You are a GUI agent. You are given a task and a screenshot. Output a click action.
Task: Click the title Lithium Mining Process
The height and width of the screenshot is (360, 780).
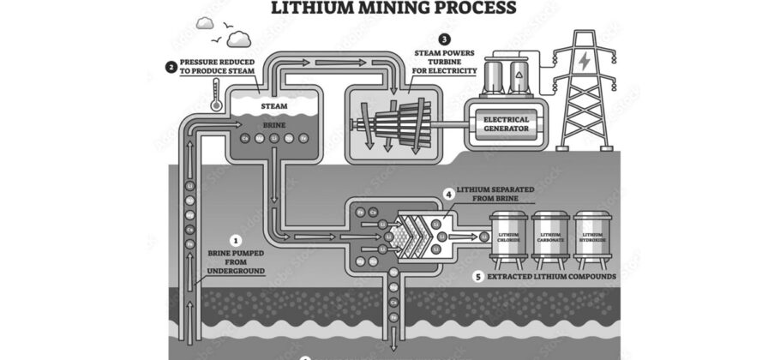click(x=393, y=9)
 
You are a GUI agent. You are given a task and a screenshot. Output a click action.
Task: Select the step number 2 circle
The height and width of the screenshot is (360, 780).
click(x=171, y=65)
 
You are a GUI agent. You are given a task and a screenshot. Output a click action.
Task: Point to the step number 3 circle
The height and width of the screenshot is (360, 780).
click(x=443, y=39)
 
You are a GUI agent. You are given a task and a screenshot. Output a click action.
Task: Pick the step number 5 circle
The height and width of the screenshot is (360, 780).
click(x=477, y=277)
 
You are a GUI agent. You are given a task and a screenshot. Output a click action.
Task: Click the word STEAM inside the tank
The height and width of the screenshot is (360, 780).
click(x=273, y=107)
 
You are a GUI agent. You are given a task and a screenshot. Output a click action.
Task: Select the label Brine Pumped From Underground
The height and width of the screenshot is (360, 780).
click(x=237, y=261)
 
